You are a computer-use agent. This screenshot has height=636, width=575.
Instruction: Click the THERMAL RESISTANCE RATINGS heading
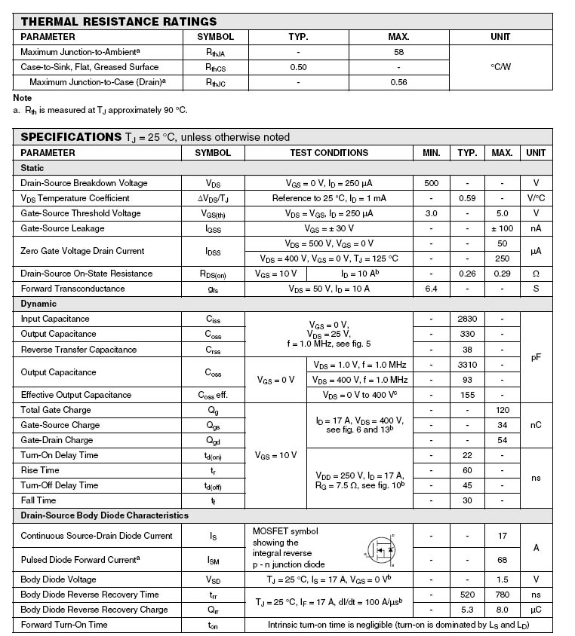point(118,22)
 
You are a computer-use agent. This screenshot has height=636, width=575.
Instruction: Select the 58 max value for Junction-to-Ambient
point(398,52)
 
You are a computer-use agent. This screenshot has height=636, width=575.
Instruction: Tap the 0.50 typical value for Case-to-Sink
point(298,67)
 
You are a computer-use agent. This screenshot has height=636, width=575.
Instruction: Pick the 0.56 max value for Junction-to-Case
point(398,82)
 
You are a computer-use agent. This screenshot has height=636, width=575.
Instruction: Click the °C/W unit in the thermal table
point(500,67)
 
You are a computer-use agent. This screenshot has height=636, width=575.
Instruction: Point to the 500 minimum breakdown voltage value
point(431,183)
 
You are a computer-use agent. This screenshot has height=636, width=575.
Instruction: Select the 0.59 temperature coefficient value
point(467,198)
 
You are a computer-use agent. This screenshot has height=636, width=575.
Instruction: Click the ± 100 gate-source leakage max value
point(502,228)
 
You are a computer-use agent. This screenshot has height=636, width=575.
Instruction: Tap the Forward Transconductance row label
point(72,289)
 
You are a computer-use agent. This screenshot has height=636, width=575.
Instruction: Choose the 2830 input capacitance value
point(467,319)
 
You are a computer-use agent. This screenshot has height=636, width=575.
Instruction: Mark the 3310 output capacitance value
point(467,365)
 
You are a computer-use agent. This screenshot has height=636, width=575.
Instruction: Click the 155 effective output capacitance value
point(467,395)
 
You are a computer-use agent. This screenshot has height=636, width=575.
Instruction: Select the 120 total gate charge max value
point(502,410)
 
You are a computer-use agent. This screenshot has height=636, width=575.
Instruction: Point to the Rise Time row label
point(39,470)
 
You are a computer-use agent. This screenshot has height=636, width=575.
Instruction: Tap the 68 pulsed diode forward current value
point(502,560)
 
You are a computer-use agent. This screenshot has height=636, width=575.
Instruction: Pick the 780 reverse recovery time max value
point(502,595)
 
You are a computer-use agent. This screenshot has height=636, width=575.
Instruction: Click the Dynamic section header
point(38,304)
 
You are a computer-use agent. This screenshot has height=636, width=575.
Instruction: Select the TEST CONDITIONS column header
point(329,153)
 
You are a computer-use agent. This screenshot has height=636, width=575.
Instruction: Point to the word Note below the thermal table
point(23,98)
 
